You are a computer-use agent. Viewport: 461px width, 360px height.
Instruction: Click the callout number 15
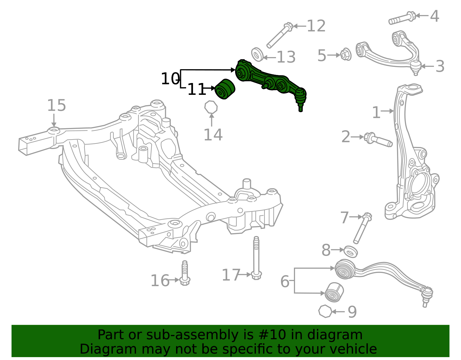point(56,105)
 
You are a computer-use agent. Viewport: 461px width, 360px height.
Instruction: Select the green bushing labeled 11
point(225,89)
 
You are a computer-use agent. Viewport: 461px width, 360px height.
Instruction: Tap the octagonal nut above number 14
point(211,107)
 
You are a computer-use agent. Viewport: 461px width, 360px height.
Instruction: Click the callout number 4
point(434,16)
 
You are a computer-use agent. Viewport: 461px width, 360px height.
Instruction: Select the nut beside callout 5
point(345,54)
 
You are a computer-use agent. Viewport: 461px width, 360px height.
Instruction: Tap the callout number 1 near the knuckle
point(376,112)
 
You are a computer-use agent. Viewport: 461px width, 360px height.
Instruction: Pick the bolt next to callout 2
point(378,140)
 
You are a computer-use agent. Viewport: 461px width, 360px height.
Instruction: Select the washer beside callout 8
point(351,252)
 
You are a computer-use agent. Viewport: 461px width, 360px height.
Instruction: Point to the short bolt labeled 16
point(185,274)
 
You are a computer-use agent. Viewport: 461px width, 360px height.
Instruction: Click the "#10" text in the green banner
point(272,335)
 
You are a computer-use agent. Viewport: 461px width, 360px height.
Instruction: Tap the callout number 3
point(440,67)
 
